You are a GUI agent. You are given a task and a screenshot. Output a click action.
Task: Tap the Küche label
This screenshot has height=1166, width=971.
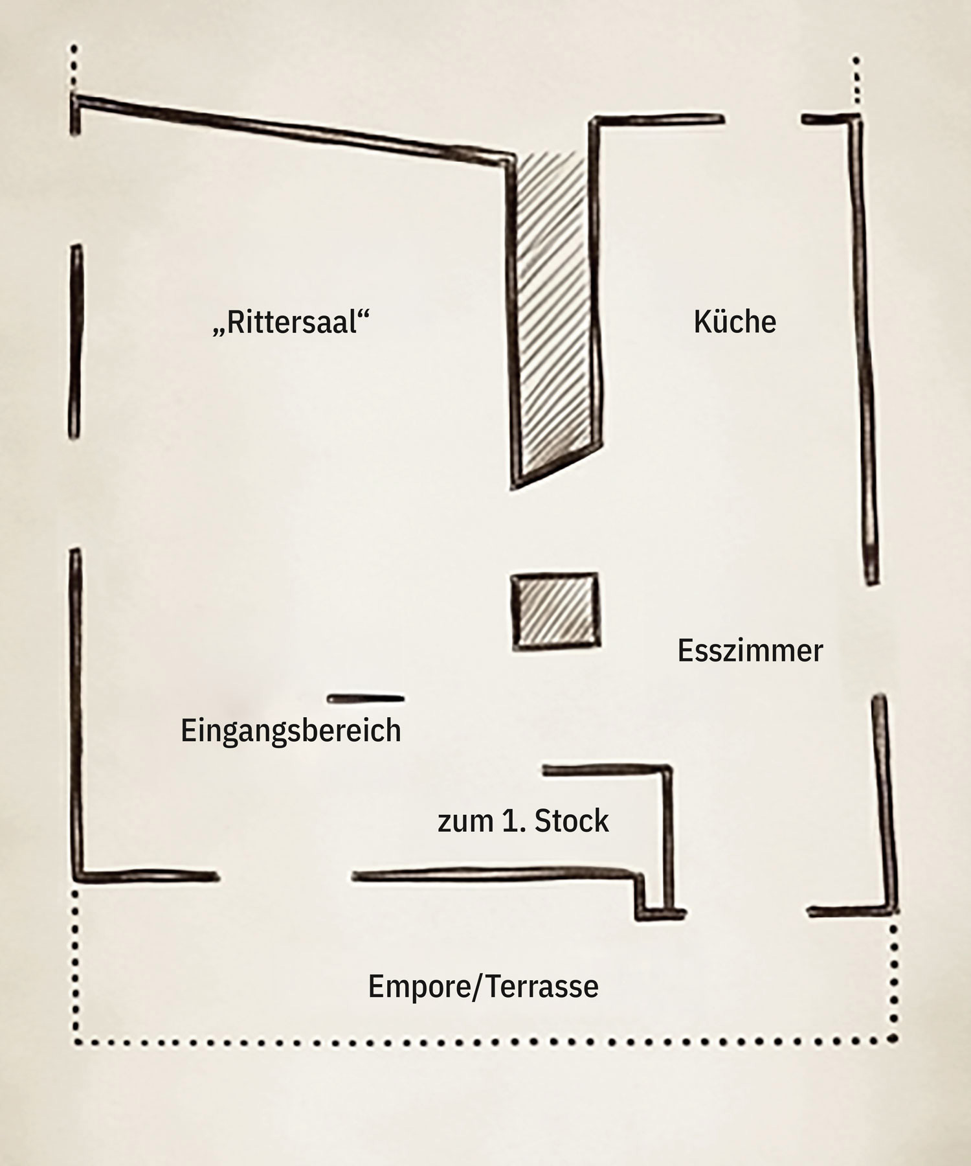735,321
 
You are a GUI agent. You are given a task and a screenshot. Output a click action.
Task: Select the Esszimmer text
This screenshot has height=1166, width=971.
750,650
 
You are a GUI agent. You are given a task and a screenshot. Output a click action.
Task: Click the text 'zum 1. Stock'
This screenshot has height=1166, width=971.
523,821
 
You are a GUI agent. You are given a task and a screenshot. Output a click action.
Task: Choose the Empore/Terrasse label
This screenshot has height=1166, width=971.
483,987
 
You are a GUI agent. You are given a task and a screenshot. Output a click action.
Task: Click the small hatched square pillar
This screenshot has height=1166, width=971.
555,611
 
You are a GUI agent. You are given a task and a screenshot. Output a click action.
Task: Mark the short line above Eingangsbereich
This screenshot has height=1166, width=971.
366,698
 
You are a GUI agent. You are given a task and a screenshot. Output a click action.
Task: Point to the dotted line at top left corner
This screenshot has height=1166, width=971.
74,69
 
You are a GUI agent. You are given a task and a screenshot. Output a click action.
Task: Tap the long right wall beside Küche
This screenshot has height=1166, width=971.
864,350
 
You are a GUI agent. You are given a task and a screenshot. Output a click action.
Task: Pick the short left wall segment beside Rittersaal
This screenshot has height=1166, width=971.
75,341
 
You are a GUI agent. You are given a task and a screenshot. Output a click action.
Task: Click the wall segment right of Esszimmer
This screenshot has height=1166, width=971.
884,803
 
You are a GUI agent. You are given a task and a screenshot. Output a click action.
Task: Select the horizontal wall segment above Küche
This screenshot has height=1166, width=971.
657,120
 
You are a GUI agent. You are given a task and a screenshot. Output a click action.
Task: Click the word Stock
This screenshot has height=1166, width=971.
572,821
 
